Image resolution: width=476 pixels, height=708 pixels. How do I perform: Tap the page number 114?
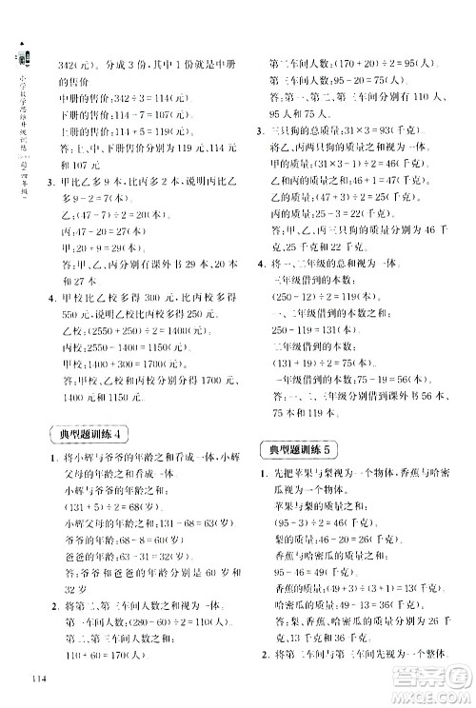pyautogui.click(x=39, y=677)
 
